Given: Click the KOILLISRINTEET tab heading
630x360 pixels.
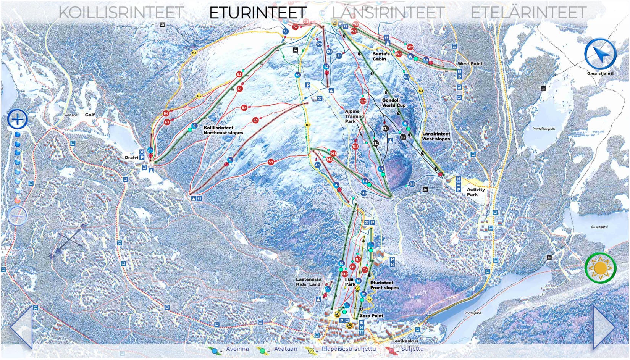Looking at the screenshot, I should coord(121,13).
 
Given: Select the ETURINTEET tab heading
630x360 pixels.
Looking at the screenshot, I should coord(258,13).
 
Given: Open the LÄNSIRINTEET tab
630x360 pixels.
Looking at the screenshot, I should coord(388,13).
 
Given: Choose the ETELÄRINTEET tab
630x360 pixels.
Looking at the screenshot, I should coord(528,13).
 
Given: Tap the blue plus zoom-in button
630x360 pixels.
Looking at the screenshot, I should coord(18,119).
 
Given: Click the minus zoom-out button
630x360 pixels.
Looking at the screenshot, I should coord(17,216).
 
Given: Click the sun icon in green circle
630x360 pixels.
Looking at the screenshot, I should coord(600,268).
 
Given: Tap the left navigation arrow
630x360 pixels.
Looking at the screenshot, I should coord(21,327).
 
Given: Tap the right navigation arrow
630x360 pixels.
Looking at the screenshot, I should coord(604,327).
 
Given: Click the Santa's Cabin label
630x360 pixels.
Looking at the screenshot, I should coord(381,57).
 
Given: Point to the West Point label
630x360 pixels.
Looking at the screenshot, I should coord(470,64).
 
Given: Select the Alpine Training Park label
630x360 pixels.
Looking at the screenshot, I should coord(354,116).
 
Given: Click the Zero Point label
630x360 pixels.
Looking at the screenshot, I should coord(371,316).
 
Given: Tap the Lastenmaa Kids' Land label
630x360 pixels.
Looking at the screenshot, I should coord(308,282).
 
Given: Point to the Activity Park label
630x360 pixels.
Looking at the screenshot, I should coord(475,192).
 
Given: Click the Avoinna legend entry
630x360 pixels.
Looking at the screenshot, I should coord(237,349).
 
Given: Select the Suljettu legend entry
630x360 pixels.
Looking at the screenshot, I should coord(412,349).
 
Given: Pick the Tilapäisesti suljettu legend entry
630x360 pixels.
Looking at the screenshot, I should coord(348,349).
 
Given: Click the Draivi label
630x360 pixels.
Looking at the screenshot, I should coord(131,157).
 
